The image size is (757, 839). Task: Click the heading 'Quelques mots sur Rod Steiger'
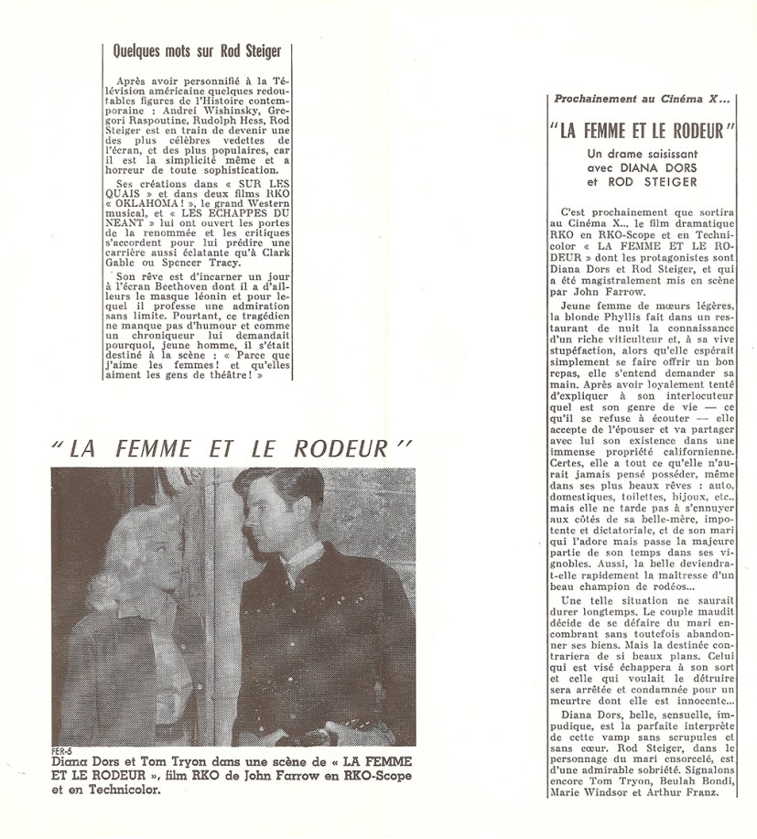point(196,52)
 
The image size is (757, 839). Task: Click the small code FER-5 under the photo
point(63,752)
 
